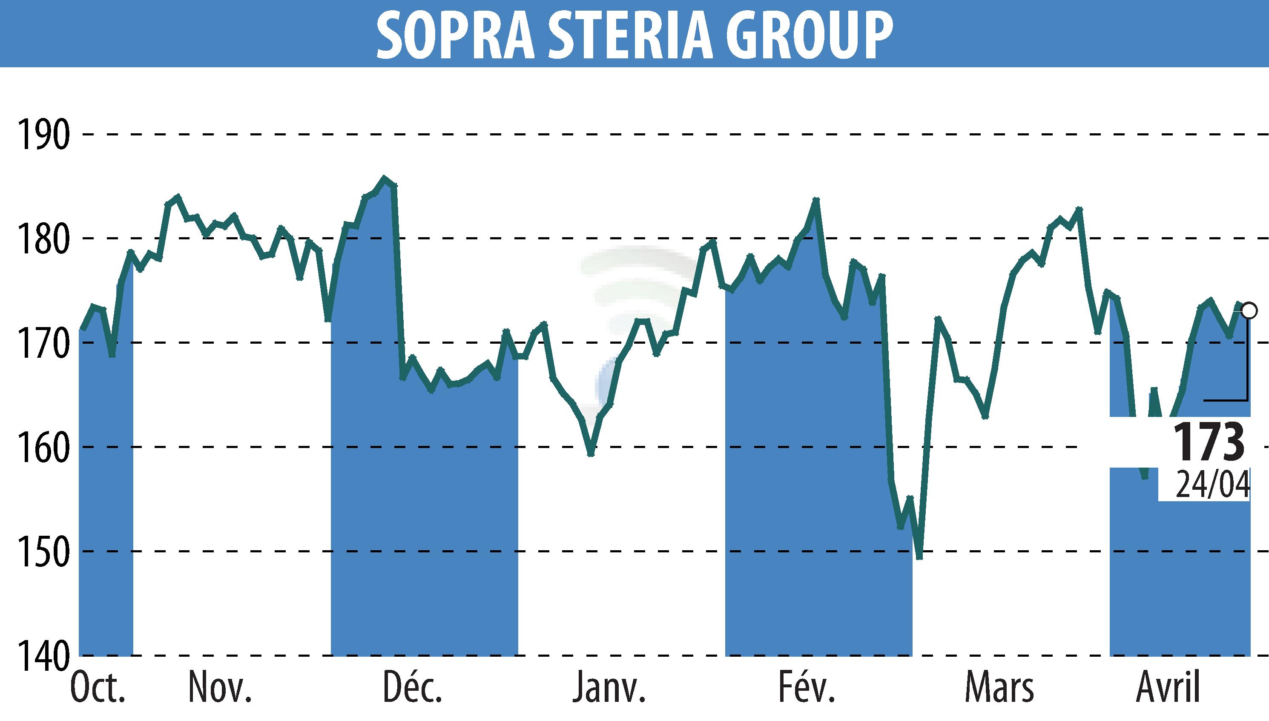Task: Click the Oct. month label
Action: point(98,689)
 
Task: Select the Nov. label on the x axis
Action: point(220,689)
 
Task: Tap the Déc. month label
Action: point(413,689)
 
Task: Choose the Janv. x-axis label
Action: point(609,689)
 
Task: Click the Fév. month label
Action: point(807,689)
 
